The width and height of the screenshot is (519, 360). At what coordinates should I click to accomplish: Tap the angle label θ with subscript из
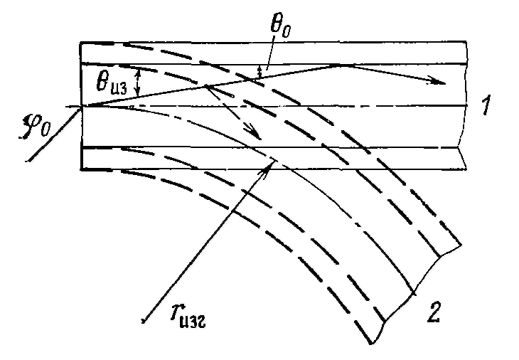(x=111, y=83)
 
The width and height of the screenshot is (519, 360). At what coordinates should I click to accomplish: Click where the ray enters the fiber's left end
(x=83, y=106)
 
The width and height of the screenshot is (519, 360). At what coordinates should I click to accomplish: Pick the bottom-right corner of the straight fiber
(x=466, y=170)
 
